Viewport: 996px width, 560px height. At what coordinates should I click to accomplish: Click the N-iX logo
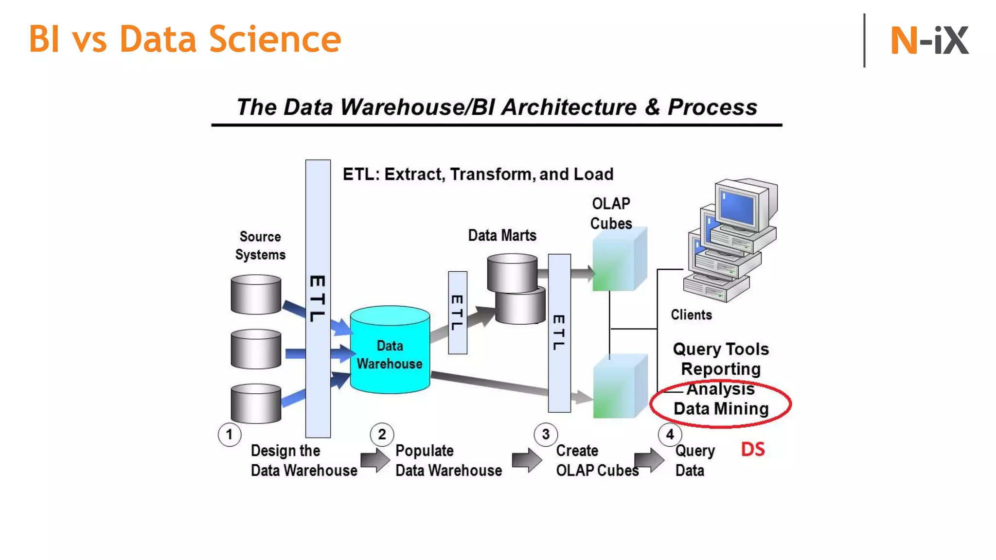929,40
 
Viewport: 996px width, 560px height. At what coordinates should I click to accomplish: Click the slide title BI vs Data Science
185,39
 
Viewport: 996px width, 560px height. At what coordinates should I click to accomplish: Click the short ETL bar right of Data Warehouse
457,313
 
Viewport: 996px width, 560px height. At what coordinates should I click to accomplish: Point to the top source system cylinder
256,294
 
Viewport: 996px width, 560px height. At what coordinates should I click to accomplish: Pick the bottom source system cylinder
256,403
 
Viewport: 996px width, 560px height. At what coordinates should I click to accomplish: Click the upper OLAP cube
619,260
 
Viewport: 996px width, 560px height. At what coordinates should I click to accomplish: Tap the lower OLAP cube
619,387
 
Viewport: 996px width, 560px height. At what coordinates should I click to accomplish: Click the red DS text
752,449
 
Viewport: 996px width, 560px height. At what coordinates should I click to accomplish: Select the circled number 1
229,434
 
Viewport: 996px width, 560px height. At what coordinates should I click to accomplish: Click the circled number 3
546,434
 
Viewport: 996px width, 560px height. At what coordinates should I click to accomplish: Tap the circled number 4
670,434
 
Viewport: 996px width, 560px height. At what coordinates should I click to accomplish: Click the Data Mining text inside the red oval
721,409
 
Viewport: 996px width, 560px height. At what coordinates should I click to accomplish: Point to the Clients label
691,315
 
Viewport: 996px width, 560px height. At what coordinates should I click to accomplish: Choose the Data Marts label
502,236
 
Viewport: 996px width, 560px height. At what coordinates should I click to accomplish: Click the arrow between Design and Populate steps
374,460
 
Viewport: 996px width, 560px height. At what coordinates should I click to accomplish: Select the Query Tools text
721,349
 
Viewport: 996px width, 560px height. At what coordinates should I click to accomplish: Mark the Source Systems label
260,245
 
